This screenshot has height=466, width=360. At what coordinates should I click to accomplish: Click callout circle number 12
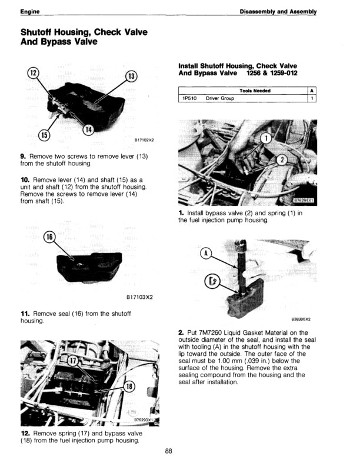coord(34,73)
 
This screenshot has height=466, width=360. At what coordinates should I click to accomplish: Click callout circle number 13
coord(131,76)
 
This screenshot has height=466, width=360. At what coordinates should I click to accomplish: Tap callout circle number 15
coord(44,136)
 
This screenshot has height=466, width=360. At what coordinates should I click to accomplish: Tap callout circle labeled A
coord(206,254)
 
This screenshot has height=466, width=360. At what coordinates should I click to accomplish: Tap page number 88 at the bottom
coord(169,451)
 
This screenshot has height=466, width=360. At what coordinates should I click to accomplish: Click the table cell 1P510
coord(189,98)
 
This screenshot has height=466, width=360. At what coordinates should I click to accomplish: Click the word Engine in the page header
coord(29,12)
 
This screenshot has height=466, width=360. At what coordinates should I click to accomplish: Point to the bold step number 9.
coord(23,156)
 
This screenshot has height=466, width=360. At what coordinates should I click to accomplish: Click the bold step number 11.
coord(24,314)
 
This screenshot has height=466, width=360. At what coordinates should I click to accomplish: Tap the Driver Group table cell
coord(220,98)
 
